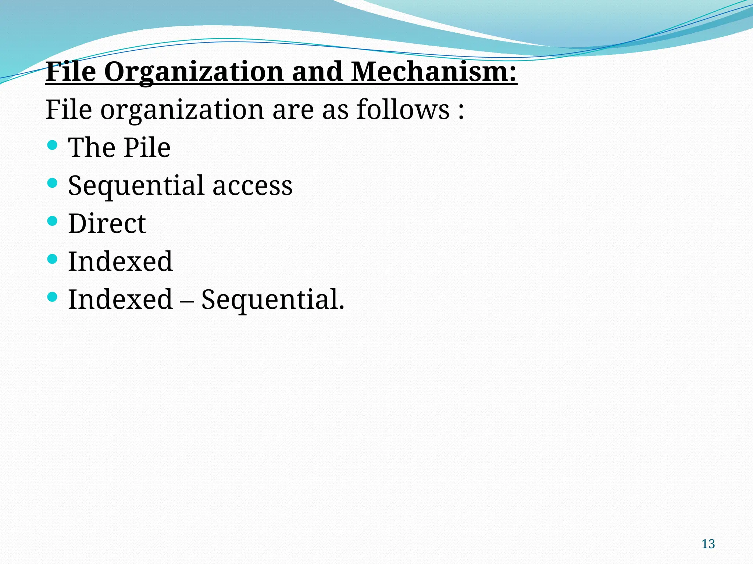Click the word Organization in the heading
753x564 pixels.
194,72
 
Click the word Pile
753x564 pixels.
147,148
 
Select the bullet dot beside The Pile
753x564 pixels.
53,145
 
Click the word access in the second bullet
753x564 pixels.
253,185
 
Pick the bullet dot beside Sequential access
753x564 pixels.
53,183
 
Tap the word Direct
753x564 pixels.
107,223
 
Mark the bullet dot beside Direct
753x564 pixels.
53,221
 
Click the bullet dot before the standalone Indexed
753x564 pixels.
53,259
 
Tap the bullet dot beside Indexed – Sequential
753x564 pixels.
53,297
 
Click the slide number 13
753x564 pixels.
708,544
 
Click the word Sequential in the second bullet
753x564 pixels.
136,186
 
